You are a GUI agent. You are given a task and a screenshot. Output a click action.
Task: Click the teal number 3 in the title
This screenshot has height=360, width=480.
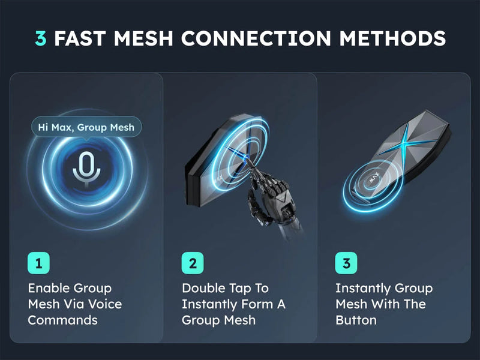coord(41,38)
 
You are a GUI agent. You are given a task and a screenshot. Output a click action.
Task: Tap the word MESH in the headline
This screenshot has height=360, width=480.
coord(143,38)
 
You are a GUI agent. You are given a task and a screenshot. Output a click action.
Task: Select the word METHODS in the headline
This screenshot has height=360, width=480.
coord(392,38)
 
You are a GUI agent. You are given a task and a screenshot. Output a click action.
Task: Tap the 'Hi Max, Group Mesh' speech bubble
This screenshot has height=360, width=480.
coord(86,127)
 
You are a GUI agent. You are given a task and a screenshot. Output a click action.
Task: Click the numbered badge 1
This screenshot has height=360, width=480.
coord(38,263)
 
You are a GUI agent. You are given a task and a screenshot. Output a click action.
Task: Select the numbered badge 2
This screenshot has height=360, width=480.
coord(193,263)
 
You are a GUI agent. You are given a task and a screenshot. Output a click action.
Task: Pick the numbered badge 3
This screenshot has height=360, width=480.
coord(346,263)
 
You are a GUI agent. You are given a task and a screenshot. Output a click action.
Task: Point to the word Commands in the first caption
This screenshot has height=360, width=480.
coord(63,320)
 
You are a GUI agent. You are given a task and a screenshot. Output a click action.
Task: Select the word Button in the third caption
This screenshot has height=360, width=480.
coord(356,320)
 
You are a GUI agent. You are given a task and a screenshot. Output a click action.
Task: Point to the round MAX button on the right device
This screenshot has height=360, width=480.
coord(373,179)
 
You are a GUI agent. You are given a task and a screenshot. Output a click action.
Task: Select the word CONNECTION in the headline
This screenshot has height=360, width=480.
coord(256,38)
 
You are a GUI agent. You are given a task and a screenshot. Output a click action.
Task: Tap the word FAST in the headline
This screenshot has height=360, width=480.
coord(80,38)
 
